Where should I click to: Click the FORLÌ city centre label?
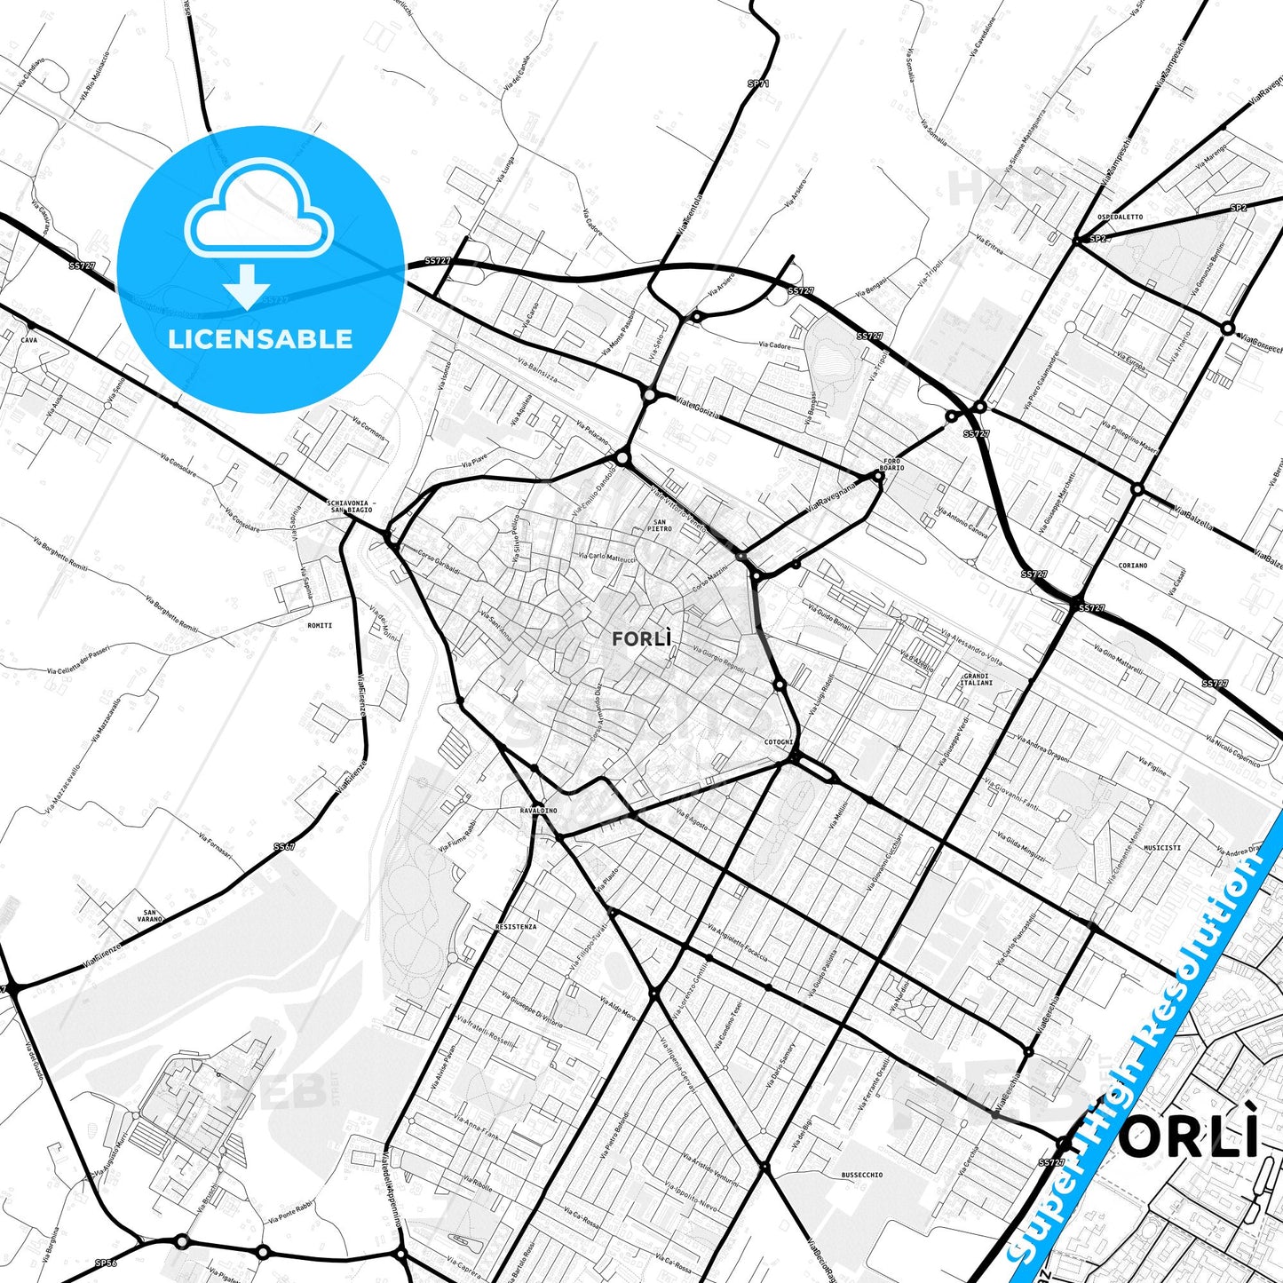point(641,638)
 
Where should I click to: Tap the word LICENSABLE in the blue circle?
point(260,339)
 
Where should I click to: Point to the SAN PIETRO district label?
point(660,526)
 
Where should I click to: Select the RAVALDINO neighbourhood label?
point(538,811)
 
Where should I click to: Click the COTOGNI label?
point(779,742)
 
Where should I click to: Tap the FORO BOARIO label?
point(891,464)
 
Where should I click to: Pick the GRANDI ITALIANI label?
point(977,679)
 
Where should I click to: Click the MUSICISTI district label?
point(1161,848)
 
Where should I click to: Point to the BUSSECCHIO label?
point(862,1175)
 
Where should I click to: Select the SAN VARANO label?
point(150,916)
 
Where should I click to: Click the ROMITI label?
point(320,626)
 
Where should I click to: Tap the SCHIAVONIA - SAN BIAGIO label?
point(350,507)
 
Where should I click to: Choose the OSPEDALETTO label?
point(1120,217)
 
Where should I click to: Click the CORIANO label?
point(1133,566)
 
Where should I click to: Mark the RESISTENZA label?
point(516,927)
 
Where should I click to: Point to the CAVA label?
point(29,340)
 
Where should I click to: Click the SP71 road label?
point(757,84)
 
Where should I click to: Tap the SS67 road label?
point(283,847)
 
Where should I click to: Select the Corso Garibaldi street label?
point(439,561)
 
